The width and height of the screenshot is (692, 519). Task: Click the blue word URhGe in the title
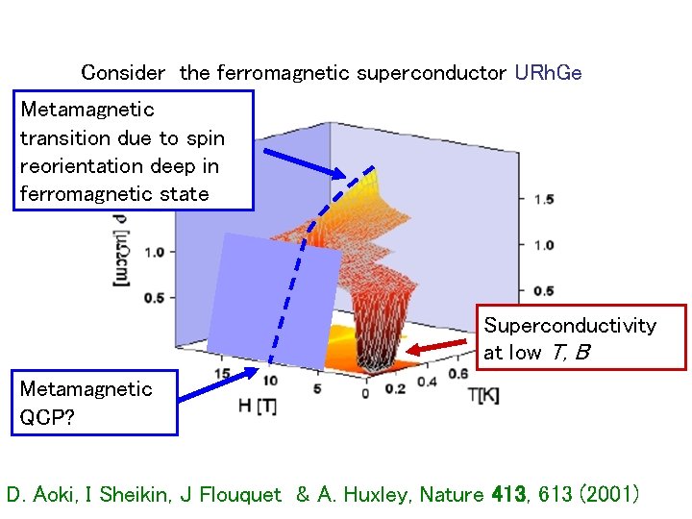[548, 72]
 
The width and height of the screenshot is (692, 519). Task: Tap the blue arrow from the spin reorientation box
[303, 163]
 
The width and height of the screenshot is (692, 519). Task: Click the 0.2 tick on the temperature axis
[395, 388]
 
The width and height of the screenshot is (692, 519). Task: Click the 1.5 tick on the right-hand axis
[543, 199]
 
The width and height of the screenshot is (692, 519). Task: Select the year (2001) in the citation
[603, 495]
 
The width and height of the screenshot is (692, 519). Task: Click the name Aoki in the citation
[56, 495]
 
